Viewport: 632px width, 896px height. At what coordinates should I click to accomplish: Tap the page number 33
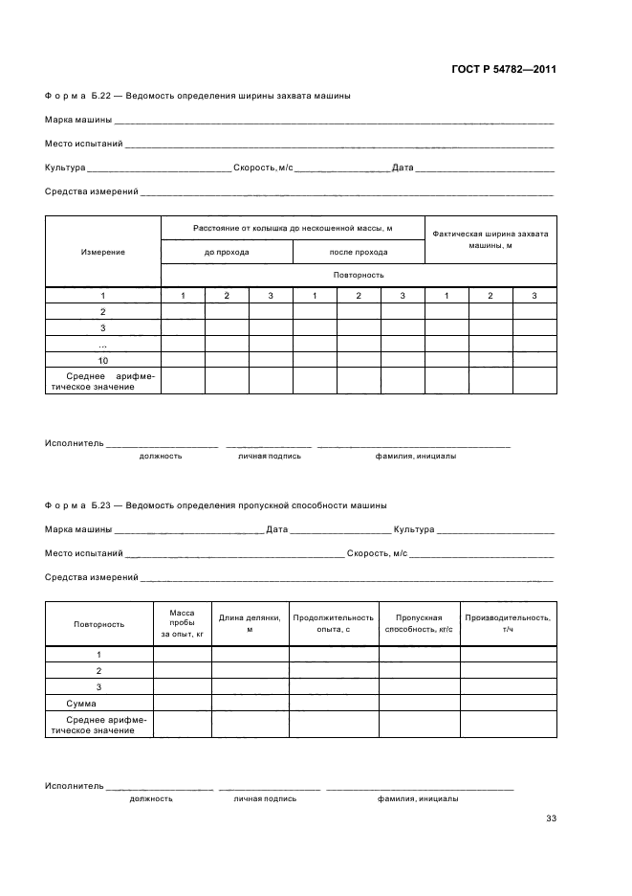551,818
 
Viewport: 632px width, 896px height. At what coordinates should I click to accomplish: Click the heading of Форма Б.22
197,97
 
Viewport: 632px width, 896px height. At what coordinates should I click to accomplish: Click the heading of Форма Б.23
215,505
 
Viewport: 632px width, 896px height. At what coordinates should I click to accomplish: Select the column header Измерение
103,252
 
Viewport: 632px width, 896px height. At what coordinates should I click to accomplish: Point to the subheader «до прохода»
227,252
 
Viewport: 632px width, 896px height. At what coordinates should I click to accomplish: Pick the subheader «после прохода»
359,252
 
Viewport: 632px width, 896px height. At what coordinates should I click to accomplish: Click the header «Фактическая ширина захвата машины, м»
490,239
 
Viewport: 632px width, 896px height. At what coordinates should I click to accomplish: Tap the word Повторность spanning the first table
359,275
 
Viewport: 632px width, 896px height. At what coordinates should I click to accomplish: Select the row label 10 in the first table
103,359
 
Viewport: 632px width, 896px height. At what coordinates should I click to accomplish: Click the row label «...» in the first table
103,344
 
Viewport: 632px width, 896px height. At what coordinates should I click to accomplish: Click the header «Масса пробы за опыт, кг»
182,623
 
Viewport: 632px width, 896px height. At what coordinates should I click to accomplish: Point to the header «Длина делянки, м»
250,623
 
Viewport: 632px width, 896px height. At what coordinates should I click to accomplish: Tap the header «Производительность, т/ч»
508,623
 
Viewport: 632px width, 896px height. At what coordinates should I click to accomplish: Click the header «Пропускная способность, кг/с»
419,623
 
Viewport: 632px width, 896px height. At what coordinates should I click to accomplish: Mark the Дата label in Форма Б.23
276,529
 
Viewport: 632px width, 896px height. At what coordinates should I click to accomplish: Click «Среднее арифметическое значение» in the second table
99,725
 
